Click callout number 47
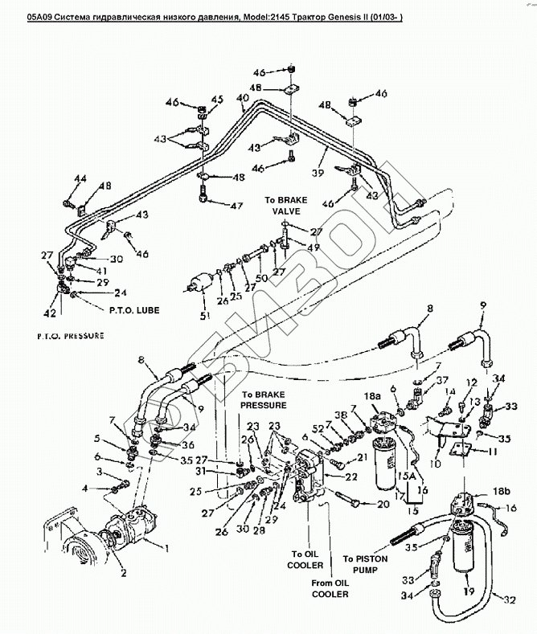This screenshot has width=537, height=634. coord(236,207)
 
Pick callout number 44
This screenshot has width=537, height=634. coord(80,178)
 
